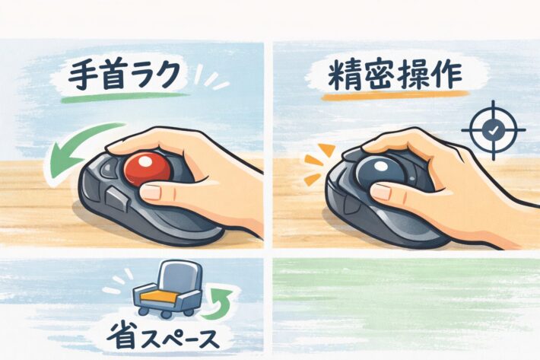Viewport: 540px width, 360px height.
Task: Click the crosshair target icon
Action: (493, 130)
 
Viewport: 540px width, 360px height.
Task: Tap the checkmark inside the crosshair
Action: (493, 130)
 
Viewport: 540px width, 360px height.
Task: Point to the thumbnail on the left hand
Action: (153, 192)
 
